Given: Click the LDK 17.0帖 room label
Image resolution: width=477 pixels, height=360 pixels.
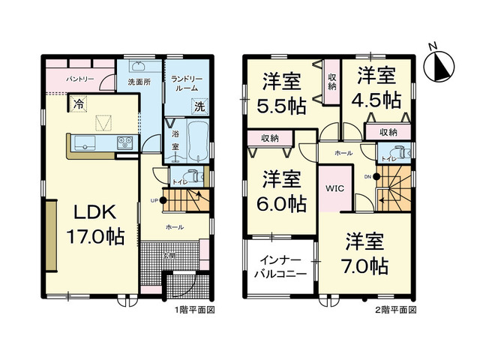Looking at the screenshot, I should [x=94, y=223].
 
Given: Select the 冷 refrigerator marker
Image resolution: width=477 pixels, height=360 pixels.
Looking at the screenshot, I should [x=77, y=106].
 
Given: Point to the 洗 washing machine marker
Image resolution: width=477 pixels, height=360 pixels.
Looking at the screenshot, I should [x=199, y=106].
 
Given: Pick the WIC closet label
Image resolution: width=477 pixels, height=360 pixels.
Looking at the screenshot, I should [x=334, y=188].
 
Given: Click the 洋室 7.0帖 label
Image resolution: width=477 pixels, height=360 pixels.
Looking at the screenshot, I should [x=365, y=253].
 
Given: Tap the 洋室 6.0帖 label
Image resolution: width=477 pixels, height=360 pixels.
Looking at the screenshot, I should [x=282, y=191].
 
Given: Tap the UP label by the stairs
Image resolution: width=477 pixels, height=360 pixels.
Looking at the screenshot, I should [x=154, y=200].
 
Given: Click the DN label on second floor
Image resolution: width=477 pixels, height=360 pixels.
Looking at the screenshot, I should [x=367, y=176].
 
